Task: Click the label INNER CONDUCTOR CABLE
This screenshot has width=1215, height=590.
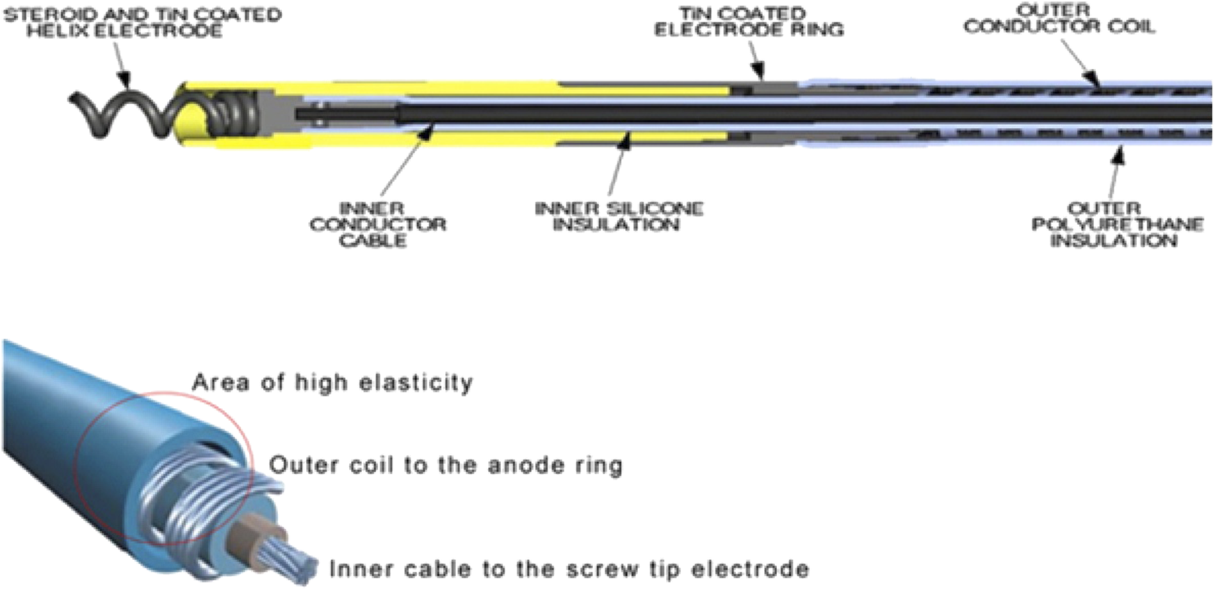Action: (377, 224)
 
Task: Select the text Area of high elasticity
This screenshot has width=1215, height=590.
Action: (332, 382)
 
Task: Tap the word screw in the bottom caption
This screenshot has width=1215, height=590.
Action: (601, 569)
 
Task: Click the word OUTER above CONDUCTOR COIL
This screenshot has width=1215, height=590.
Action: (1053, 10)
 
